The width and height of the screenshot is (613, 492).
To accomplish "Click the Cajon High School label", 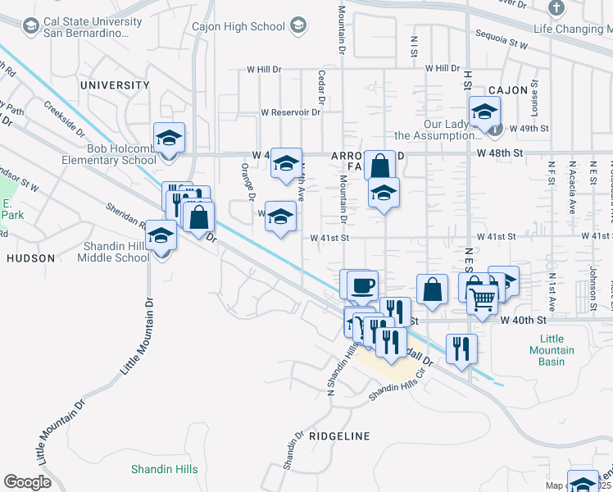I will pos(238,26).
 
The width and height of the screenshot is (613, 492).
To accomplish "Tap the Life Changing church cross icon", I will pos(556,9).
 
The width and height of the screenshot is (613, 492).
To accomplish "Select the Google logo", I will pos(27,482).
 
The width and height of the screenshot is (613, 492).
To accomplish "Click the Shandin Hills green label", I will pos(164,469).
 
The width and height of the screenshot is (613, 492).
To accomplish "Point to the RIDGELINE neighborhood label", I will pos(339,436).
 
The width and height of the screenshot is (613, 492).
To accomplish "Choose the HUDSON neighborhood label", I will pos(30,257).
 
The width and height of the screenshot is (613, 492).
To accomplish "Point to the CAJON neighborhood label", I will pos(507,90).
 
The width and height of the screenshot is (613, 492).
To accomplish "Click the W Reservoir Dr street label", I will pos(290,112).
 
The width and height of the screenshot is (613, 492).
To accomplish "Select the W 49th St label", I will pos(528,129).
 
